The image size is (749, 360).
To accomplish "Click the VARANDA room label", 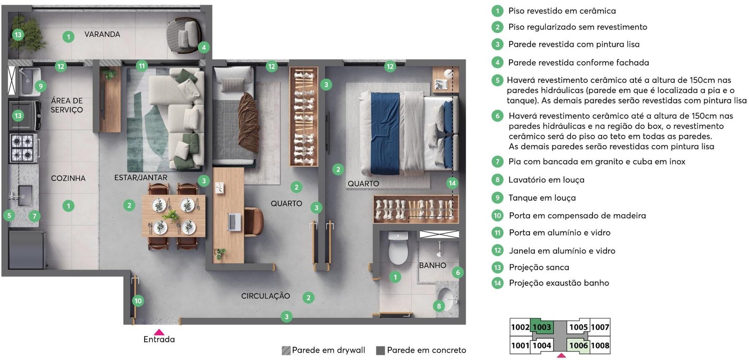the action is [102, 34].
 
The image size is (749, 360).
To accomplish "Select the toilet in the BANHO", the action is [398, 248].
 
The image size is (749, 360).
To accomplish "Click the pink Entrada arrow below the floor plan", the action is [159, 332].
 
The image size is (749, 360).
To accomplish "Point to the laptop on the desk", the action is [234, 221].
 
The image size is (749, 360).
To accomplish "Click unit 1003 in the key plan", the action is [542, 327].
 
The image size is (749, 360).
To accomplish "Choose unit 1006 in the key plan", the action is [578, 345].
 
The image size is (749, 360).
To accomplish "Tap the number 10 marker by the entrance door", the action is [138, 301].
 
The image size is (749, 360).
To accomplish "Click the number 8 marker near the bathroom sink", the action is [439, 306].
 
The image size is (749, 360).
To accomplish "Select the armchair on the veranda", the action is [184, 35].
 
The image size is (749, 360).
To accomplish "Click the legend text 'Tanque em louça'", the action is [542, 198].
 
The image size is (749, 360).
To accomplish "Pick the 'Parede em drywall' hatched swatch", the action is [286, 350].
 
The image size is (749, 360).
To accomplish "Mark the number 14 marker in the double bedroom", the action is [452, 183].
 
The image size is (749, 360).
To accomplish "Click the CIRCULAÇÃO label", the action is [265, 296].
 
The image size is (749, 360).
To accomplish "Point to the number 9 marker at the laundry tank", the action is [40, 86].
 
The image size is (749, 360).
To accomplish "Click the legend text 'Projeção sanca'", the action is [539, 267].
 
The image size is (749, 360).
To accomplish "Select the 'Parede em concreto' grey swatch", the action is [381, 350].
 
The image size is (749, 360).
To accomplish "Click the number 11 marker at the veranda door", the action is [142, 66].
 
